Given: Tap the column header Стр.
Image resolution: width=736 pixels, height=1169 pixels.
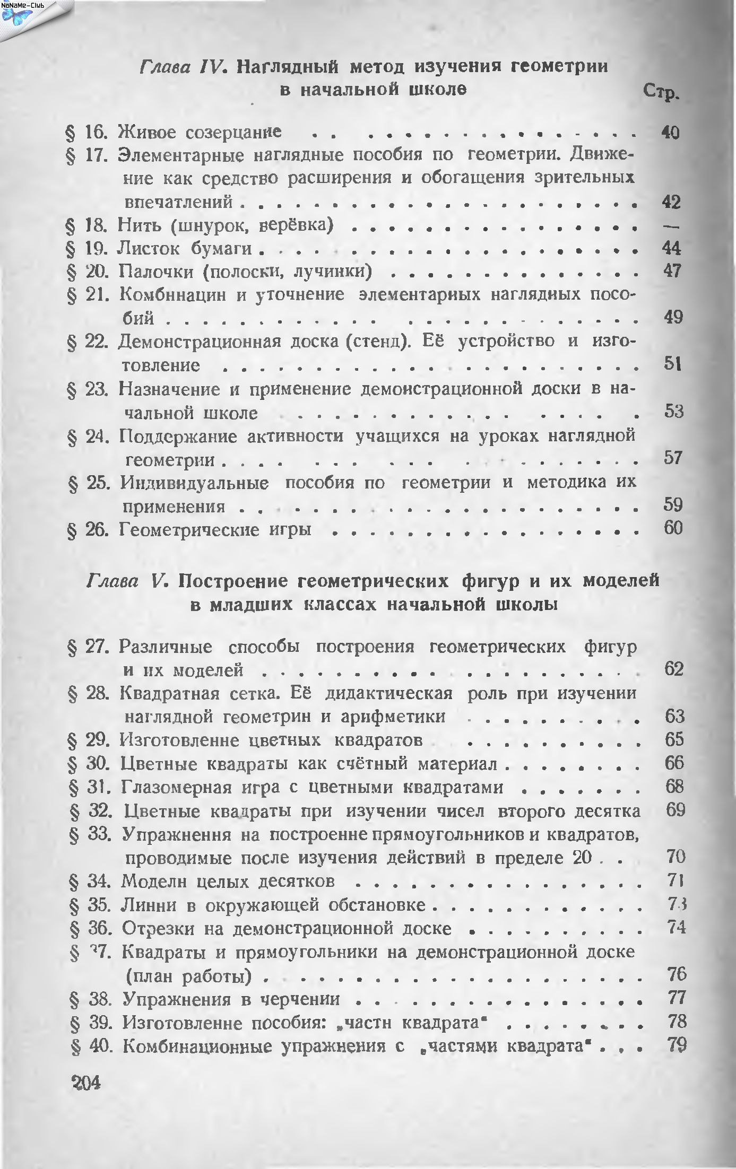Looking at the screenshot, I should click(660, 93).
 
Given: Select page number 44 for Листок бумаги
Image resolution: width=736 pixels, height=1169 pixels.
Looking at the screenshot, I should click(671, 248).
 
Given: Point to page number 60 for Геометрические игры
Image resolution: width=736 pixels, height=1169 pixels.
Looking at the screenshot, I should click(672, 528).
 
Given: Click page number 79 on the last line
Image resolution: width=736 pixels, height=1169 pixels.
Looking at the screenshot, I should click(677, 1045).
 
